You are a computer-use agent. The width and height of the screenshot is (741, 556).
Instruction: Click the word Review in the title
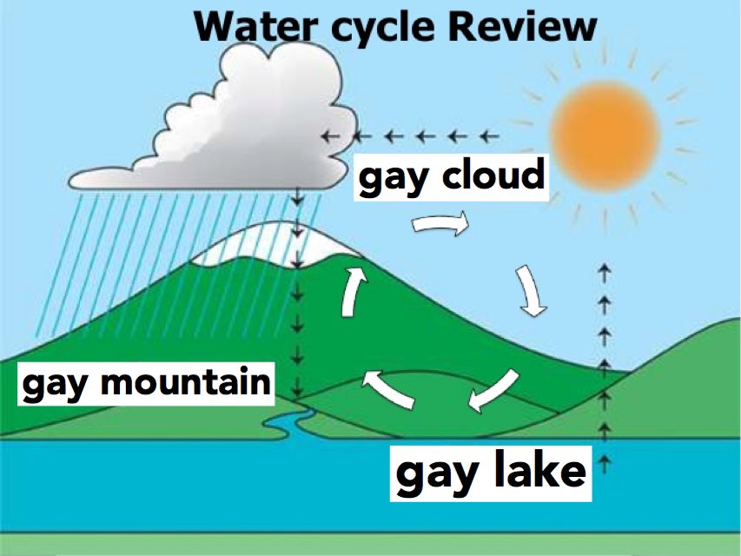click(x=522, y=25)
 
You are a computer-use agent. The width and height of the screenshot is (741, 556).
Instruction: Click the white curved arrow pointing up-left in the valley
click(x=387, y=387)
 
